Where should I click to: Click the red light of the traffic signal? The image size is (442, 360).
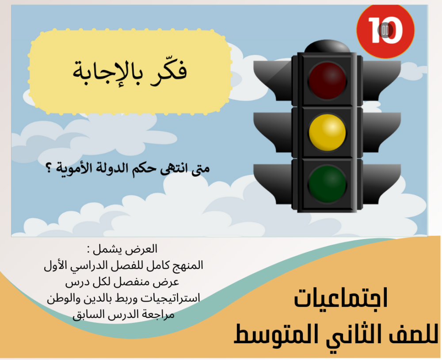coord(327,81)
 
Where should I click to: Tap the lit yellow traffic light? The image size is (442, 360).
coord(327,133)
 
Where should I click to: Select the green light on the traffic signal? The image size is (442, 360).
coord(327,184)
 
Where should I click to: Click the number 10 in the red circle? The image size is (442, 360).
coord(385,30)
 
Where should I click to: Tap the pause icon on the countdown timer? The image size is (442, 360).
coord(385,30)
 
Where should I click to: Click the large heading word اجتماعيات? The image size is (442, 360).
coord(341,298)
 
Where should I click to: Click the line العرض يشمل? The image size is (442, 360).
coord(122,249)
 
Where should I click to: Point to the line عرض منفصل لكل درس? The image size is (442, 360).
coord(122,282)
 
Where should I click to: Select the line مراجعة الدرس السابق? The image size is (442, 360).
coord(123,315)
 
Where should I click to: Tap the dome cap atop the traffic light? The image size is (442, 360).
coord(327,46)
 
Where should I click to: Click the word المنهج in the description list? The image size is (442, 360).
coord(188,265)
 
